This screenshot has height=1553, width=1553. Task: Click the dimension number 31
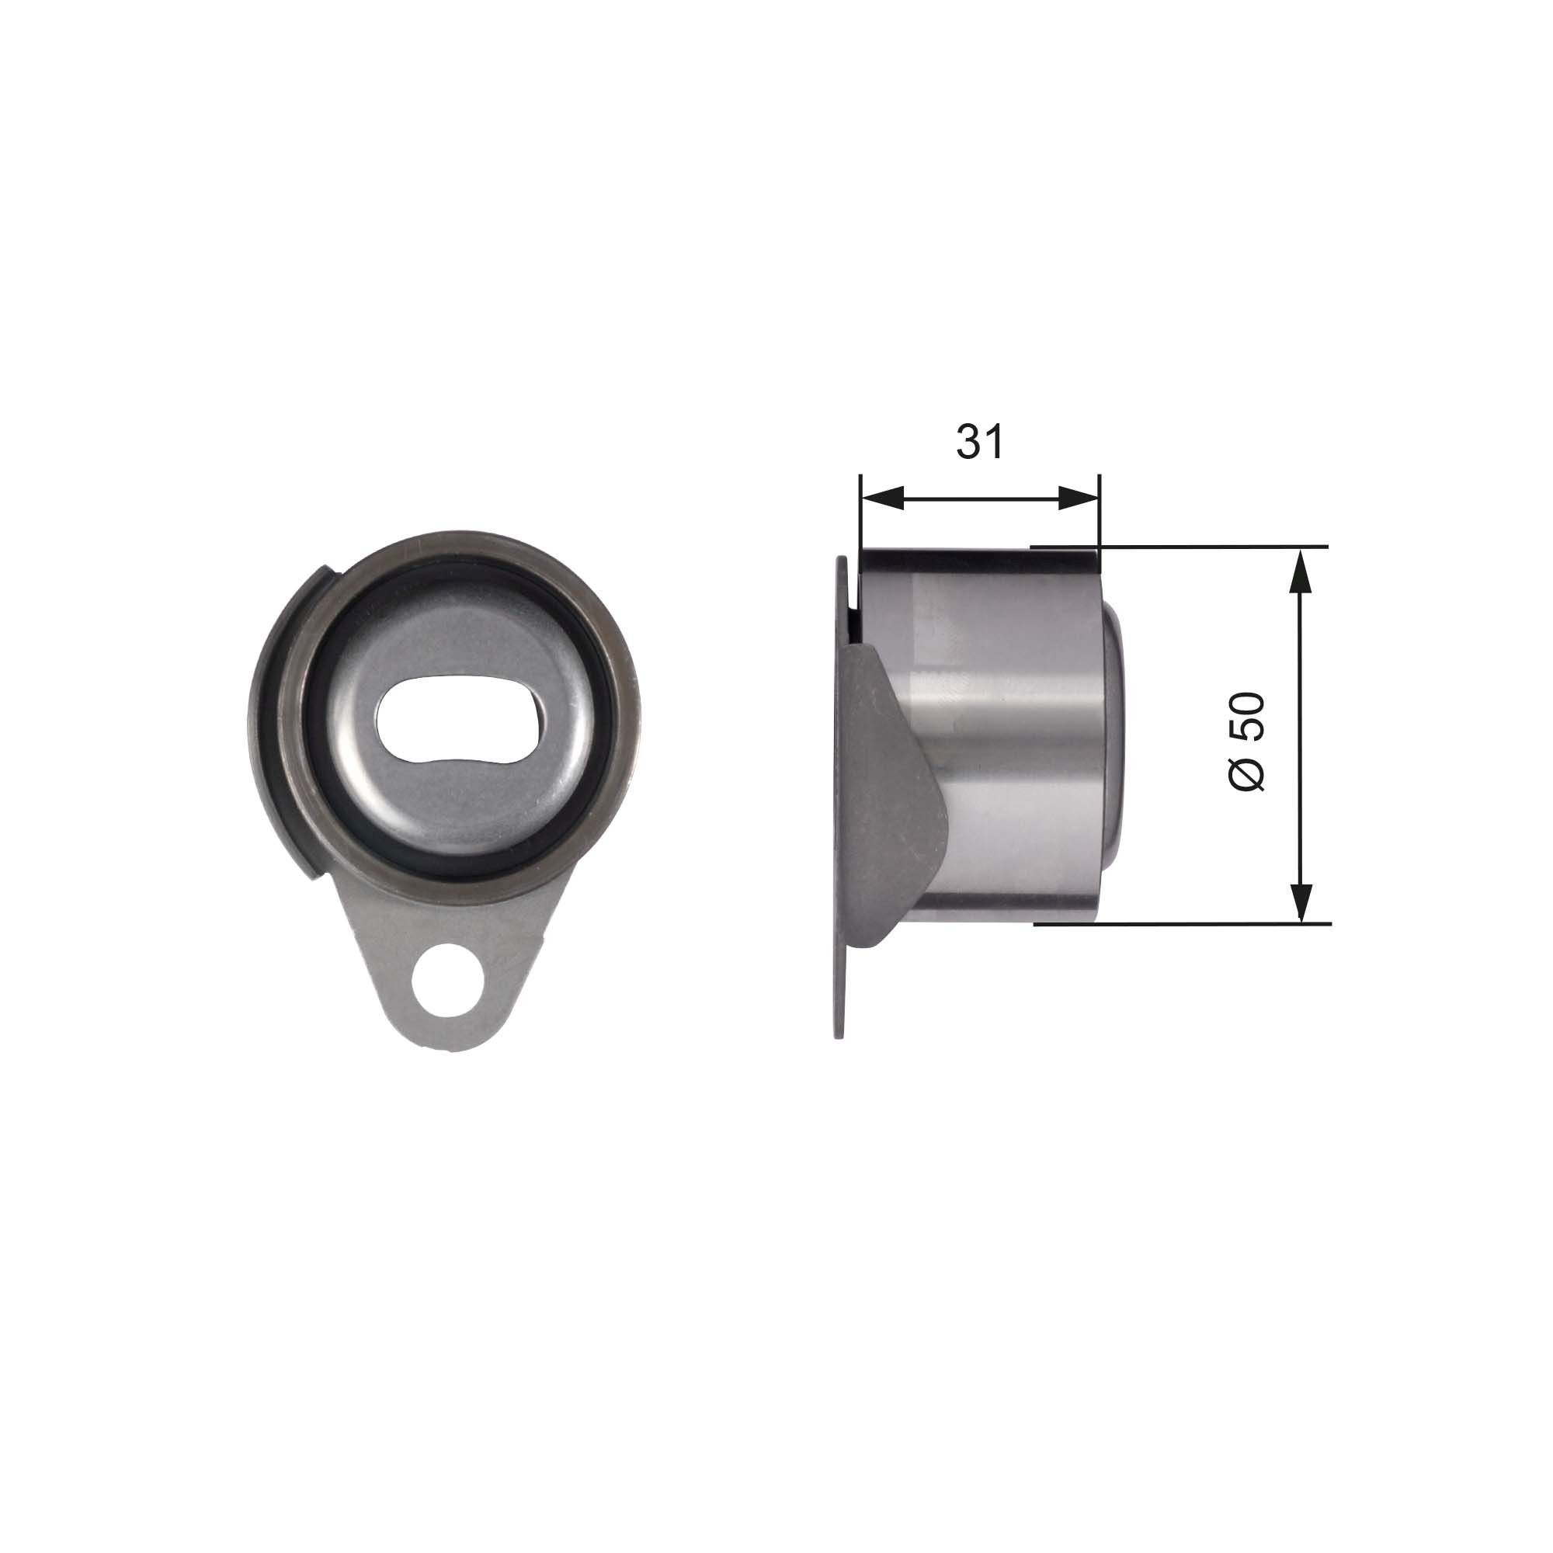(980, 442)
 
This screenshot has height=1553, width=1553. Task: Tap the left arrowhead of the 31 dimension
(881, 499)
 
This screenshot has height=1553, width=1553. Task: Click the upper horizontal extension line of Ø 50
(1206, 547)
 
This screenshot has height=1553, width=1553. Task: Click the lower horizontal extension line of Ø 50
(1206, 923)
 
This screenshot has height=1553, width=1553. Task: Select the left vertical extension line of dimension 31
(861, 515)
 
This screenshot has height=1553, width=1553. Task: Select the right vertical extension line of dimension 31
(1098, 515)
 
